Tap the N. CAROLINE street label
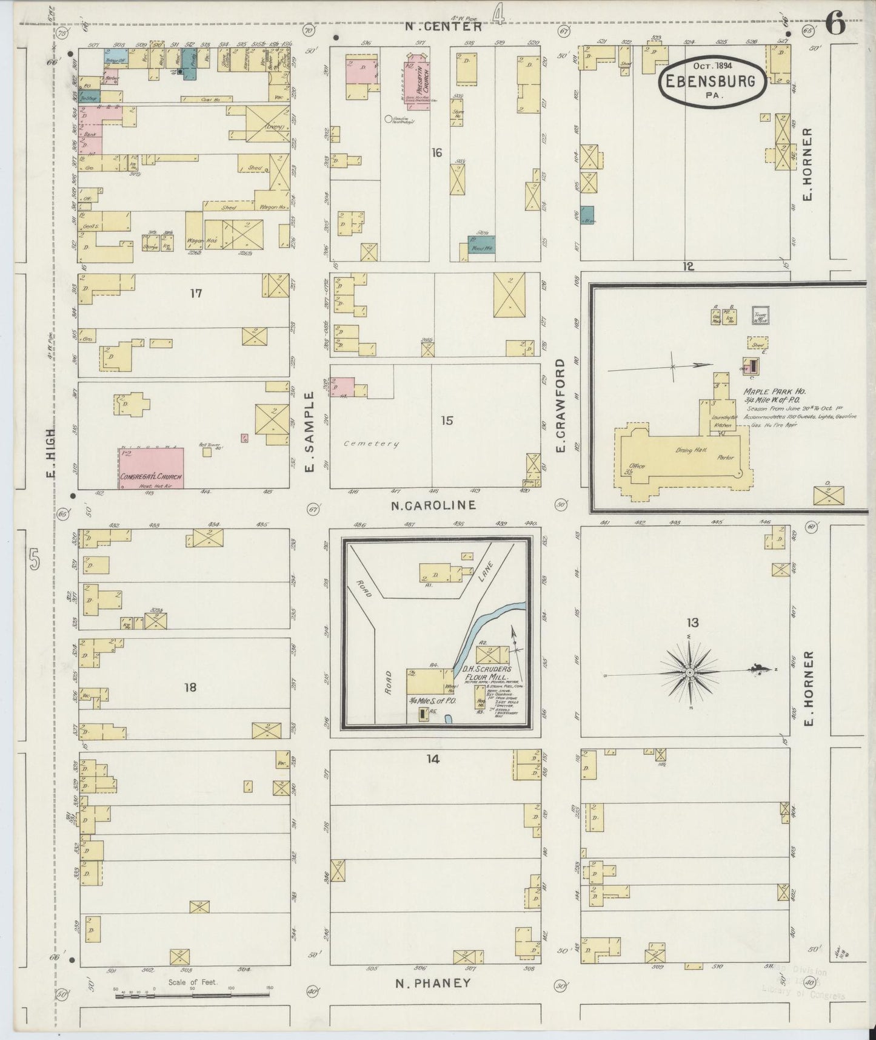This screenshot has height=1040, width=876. [433, 505]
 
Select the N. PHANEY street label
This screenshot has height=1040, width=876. [433, 983]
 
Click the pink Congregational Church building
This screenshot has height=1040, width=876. [151, 468]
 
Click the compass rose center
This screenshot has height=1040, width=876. [690, 674]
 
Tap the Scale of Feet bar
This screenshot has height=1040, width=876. [192, 995]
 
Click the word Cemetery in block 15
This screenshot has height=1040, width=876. [372, 444]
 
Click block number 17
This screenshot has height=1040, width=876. [195, 294]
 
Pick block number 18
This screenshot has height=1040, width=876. [190, 687]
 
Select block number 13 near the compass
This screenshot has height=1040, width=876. [692, 623]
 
